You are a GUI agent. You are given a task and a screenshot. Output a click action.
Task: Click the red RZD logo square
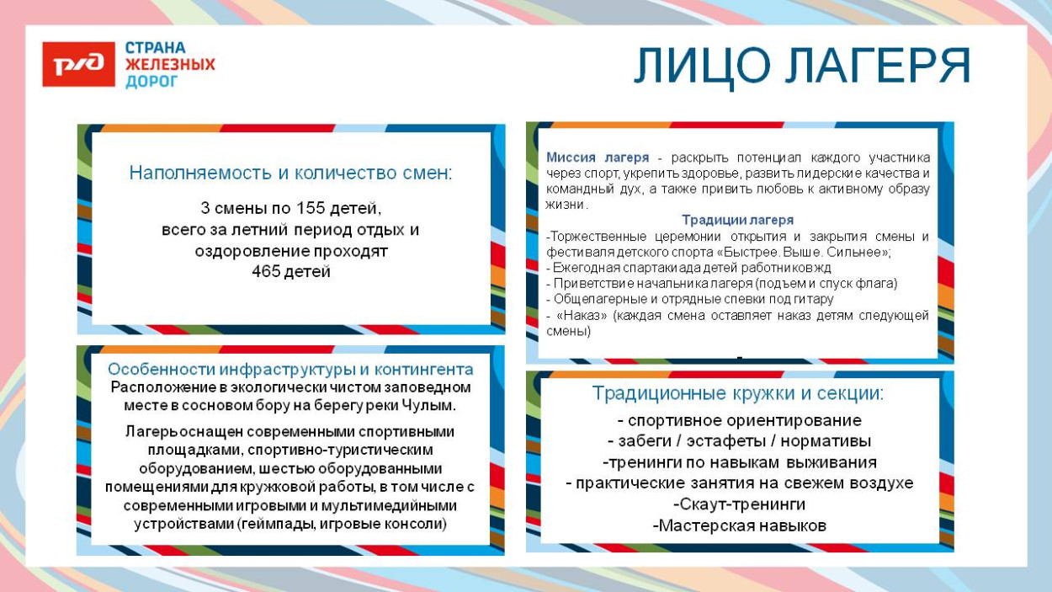pos(78,65)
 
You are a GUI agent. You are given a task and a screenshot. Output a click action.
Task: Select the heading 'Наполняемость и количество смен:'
pos(290,173)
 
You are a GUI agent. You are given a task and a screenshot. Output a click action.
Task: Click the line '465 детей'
pos(290,272)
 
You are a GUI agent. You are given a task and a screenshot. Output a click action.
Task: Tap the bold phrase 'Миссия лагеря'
pos(597,157)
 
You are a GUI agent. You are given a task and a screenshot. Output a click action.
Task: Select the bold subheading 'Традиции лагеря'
pos(737,221)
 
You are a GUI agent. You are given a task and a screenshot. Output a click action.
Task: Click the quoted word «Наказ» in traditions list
pos(578,315)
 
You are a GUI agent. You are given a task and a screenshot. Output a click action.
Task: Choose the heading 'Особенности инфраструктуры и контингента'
pos(290,370)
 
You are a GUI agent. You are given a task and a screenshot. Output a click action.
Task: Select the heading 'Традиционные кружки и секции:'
pos(738,393)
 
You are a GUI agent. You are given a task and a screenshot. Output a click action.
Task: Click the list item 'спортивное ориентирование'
pos(740,420)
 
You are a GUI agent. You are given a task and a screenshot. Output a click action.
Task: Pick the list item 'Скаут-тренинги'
pos(740,504)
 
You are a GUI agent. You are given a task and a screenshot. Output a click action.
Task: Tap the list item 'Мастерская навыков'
pos(740,525)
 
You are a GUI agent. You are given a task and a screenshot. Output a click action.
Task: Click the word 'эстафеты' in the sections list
pos(736,441)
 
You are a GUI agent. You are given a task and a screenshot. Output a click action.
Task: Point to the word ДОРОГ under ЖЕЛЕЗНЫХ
pos(151,82)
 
